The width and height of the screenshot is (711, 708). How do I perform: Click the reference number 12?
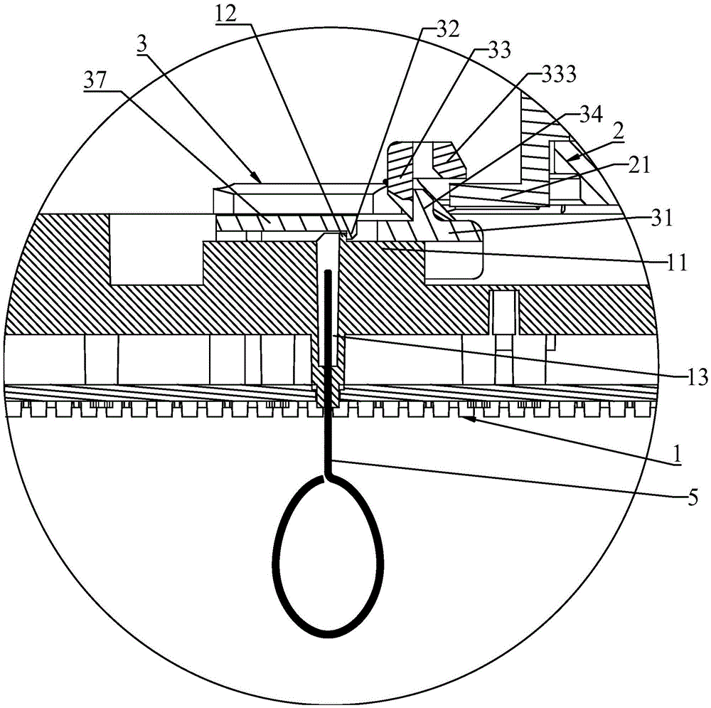[x=226, y=16]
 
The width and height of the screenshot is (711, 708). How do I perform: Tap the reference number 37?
[x=95, y=81]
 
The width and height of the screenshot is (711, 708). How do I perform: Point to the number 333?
[x=559, y=74]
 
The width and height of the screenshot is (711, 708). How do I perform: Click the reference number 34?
[x=591, y=115]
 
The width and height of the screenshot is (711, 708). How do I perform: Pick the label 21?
[x=639, y=166]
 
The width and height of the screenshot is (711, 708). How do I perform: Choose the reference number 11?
[x=677, y=263]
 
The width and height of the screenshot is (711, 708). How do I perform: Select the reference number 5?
[x=692, y=498]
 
